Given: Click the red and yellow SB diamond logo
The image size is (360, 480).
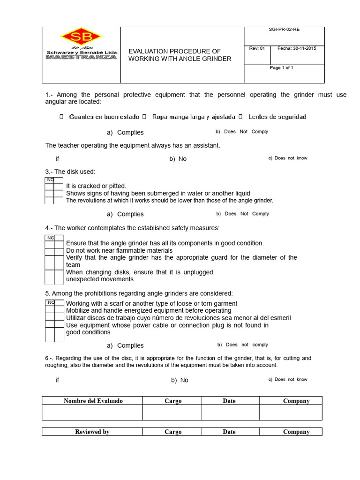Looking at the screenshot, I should point(81,37).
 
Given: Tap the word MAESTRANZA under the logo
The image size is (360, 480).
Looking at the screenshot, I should point(81,57).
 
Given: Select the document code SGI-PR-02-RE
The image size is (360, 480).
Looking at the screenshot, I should point(284,29).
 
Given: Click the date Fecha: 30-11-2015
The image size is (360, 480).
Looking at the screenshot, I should point(297,48).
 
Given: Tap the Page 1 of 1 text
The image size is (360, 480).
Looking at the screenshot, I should point(281,68).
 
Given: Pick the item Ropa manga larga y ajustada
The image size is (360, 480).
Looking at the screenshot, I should point(194,117).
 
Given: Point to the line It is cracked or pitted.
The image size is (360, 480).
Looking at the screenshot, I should point(96,186).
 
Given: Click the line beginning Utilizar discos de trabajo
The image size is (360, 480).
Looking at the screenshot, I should point(178,318).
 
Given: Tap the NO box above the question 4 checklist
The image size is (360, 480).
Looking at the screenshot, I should point(50,238).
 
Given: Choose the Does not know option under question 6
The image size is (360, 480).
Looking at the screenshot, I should point(291,379).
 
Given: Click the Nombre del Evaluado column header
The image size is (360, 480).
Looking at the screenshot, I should point(93,401).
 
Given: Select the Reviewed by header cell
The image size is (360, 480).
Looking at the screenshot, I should point(92,432).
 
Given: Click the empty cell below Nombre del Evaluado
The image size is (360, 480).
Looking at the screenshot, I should point(92,412).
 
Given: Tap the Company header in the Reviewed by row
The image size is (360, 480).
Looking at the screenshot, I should point(296,432).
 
